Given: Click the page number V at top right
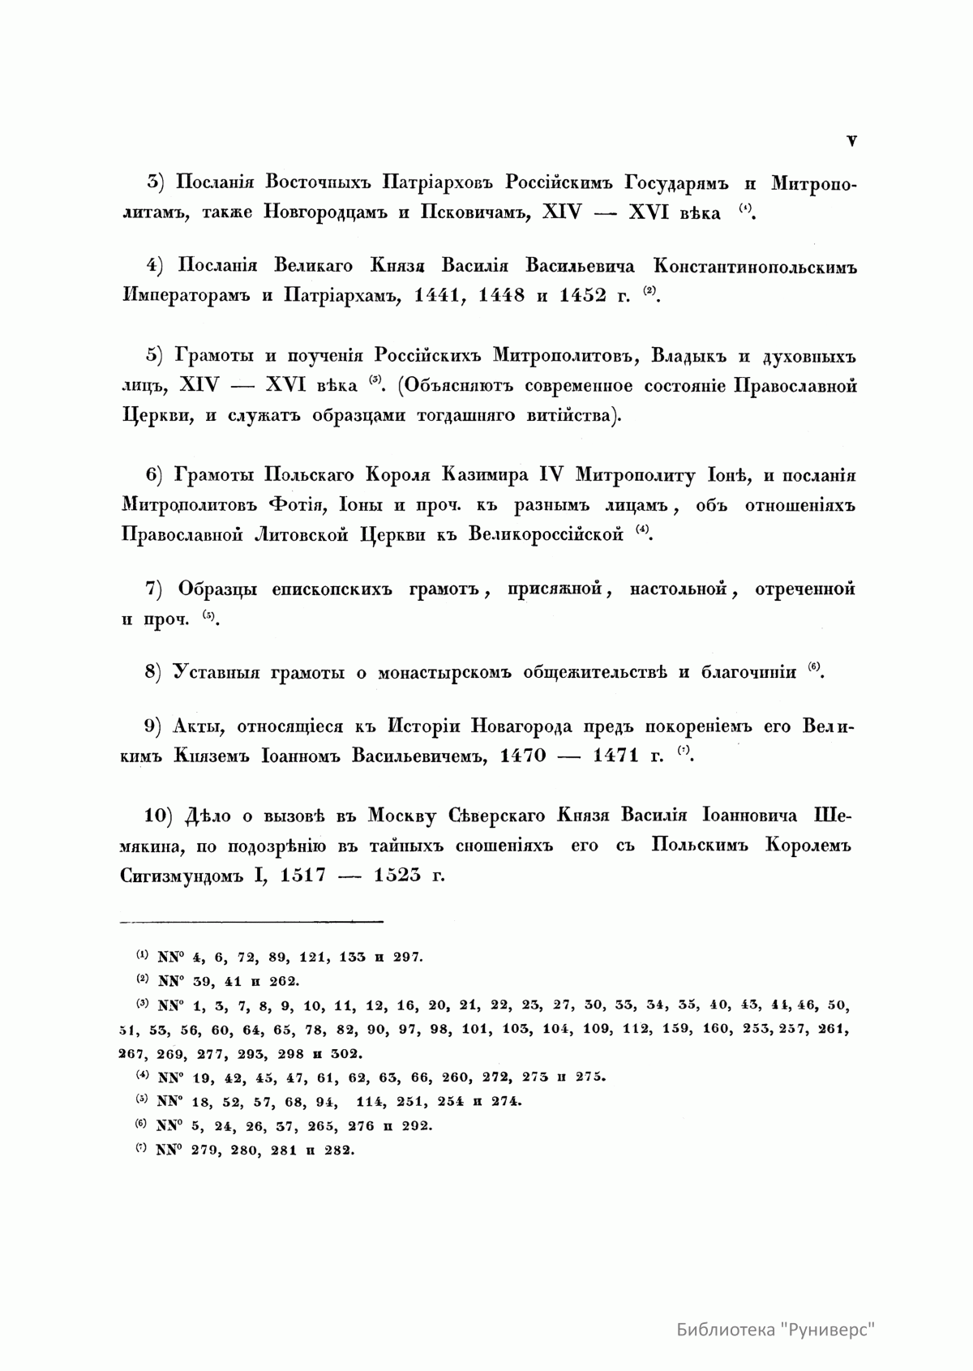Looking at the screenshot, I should coord(851,141).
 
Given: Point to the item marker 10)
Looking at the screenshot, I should coord(162,816).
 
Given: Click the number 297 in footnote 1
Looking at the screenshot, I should coord(407,958).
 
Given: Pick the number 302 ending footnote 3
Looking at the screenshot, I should coord(345,1054).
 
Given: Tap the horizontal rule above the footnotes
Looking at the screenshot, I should coord(251,921).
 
